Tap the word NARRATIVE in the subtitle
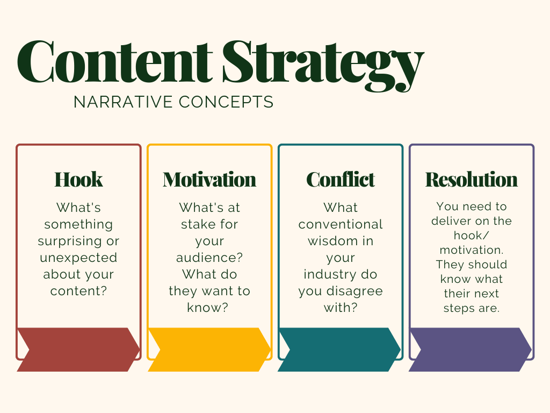[123, 102]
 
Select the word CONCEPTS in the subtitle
[226, 102]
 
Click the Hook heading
[78, 180]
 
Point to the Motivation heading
[209, 180]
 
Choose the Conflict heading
[341, 180]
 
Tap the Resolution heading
[472, 180]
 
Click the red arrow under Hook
[78, 350]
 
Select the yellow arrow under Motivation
[209, 350]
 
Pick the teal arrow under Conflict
[339, 350]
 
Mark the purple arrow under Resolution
[471, 350]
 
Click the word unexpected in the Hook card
[78, 258]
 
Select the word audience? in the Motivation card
[209, 258]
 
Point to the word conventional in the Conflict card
[341, 224]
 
